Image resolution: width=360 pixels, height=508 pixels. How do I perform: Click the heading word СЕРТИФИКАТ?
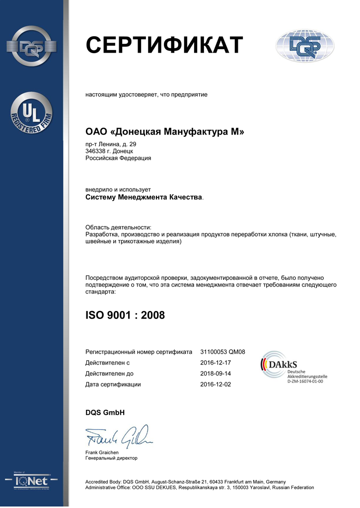click(164, 46)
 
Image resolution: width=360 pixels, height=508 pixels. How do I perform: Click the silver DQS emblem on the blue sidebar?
click(32, 47)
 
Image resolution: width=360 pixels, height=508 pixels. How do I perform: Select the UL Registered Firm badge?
click(32, 114)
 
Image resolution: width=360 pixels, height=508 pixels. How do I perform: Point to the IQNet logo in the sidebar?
click(32, 481)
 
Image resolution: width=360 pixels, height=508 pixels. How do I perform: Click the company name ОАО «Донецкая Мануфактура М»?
click(165, 132)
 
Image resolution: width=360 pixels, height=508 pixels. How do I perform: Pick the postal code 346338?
click(94, 151)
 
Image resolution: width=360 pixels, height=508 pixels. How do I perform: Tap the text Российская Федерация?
click(118, 158)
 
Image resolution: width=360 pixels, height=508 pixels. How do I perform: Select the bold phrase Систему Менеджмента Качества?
click(144, 197)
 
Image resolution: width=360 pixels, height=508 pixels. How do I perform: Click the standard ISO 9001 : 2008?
click(125, 315)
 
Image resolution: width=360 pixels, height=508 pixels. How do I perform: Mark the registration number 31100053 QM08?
click(222, 352)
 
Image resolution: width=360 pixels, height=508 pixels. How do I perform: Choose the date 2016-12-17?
click(216, 363)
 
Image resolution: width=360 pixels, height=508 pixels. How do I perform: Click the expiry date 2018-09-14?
click(216, 374)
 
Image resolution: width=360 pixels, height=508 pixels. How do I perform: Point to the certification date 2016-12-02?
click(216, 384)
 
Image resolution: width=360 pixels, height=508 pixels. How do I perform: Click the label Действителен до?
click(109, 374)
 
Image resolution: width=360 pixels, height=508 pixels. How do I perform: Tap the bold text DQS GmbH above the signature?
click(105, 412)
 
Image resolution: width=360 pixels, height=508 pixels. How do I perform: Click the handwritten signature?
click(119, 437)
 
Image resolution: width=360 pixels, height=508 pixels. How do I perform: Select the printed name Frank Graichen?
click(102, 452)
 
